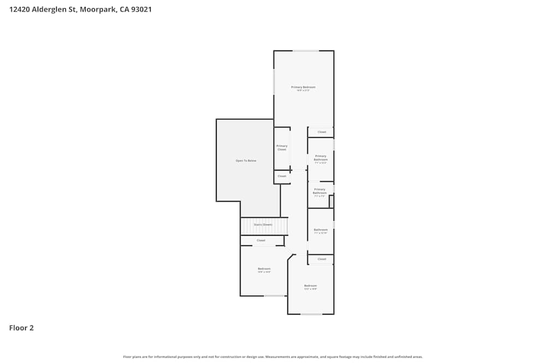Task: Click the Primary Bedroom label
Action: point(303,87)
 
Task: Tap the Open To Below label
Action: point(246,160)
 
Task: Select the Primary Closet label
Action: point(282,147)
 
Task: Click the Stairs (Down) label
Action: point(264,224)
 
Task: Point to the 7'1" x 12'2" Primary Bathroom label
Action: point(321,159)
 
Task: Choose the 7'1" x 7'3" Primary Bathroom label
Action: point(320,192)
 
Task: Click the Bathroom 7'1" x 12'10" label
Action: point(321,231)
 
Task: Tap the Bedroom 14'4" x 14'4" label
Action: point(264,270)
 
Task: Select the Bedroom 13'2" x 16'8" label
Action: point(310,287)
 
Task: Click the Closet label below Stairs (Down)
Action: point(261,240)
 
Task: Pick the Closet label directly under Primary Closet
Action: point(282,176)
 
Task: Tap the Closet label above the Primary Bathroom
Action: point(322,132)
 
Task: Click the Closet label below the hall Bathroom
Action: point(322,259)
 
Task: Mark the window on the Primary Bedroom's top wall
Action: point(306,51)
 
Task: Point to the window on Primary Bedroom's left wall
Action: point(274,81)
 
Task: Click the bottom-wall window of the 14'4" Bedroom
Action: point(274,296)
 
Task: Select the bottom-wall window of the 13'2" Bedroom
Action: point(311,314)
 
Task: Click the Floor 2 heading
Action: point(21,328)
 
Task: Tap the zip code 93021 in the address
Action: point(140,9)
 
